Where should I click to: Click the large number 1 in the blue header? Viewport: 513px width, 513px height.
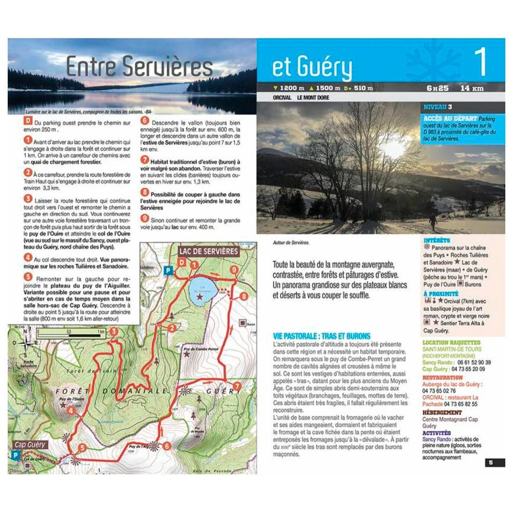(480, 63)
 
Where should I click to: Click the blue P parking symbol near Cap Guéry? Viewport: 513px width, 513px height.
(16, 455)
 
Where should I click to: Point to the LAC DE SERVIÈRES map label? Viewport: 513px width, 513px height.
(208, 251)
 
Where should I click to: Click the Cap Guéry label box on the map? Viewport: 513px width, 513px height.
(29, 444)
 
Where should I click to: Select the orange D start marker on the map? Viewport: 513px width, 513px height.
(181, 263)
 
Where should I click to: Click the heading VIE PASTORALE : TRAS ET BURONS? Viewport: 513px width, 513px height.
(322, 336)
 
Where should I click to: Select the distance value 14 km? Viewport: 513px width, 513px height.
(472, 88)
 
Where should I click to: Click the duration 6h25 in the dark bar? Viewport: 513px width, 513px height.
(438, 88)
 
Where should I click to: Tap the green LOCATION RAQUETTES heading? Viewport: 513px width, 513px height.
(451, 342)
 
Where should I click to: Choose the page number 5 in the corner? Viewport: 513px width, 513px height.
(490, 462)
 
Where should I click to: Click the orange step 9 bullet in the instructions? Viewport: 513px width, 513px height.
(145, 217)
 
